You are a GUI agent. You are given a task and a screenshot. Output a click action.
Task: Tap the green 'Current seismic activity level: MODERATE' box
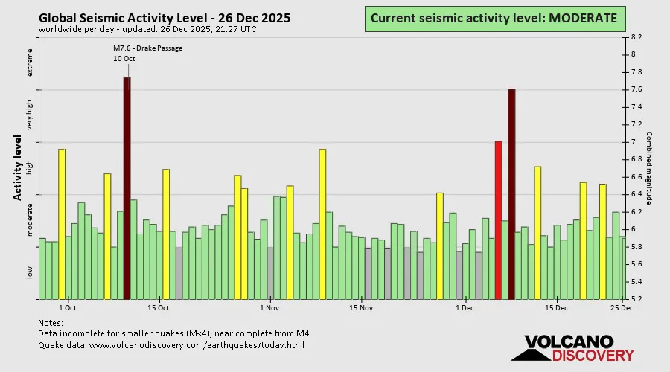click(494, 18)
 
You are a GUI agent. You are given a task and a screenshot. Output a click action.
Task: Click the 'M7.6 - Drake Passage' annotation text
click(147, 48)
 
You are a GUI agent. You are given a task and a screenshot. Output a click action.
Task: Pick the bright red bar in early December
click(499, 219)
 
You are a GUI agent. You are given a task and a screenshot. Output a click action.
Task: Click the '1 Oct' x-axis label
click(67, 307)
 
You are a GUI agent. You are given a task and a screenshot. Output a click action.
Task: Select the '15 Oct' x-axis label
click(159, 307)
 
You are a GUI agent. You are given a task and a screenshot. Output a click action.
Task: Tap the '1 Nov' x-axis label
click(269, 307)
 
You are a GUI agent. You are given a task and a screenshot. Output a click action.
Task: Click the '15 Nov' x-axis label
click(361, 307)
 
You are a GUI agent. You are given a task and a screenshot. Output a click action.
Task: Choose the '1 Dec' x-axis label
click(465, 307)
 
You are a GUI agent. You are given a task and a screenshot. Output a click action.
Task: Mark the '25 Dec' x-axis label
click(622, 307)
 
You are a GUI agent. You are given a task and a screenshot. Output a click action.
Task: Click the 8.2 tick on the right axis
click(637, 36)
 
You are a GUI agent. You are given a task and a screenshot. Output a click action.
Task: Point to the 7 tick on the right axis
click(634, 142)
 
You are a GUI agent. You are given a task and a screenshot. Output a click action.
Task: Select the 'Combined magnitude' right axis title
click(649, 168)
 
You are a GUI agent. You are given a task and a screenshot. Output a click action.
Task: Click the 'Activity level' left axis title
click(16, 167)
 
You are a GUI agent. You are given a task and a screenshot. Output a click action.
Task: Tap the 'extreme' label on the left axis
click(31, 62)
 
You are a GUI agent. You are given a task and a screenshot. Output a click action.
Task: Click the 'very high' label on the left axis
click(31, 115)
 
